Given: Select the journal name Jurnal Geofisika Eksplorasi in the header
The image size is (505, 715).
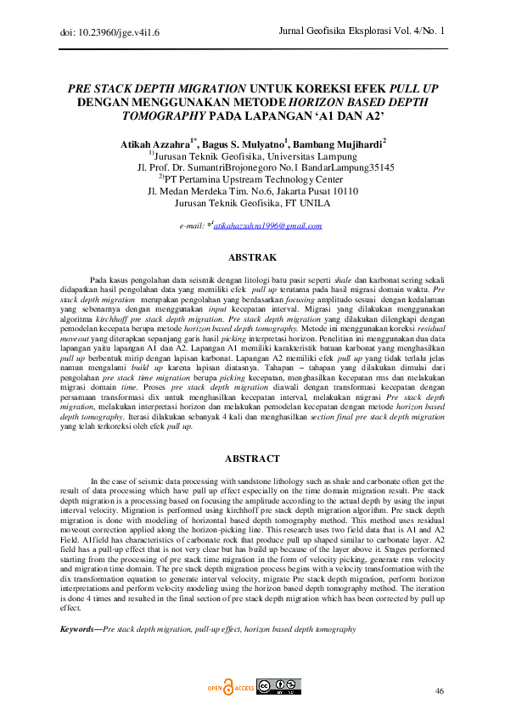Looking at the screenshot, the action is (339, 31).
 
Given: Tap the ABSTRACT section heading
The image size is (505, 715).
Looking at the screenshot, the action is (252, 459).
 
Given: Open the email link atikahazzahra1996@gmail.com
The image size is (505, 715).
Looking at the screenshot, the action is (267, 226).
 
